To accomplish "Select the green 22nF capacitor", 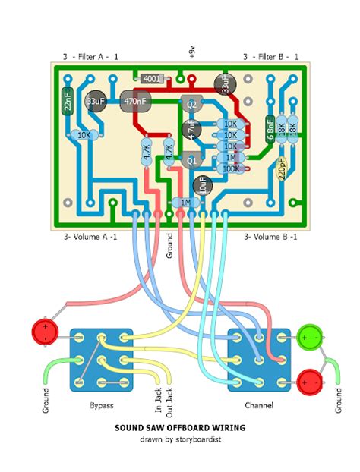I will point(68,100).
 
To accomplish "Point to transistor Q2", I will point(191,104).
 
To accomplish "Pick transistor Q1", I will point(191,160).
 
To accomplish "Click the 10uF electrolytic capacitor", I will point(201,183).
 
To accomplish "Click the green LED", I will point(310,335).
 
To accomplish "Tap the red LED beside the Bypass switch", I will point(45,332).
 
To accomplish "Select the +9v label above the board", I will point(191,51).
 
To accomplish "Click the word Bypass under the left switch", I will point(100,406).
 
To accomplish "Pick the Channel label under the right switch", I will point(258,406).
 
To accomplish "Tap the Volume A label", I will point(90,238).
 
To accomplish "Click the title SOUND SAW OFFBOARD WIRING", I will point(180,427).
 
